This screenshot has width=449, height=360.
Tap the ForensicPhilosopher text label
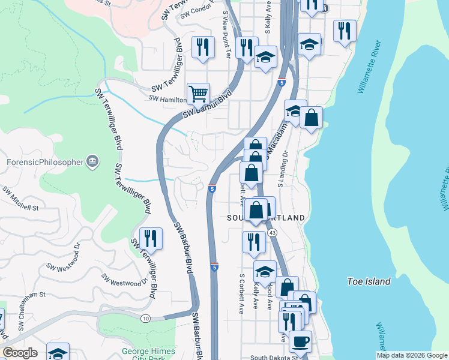[x=44, y=161]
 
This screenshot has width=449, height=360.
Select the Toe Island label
[x=369, y=281]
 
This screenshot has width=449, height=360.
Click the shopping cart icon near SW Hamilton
[x=198, y=94]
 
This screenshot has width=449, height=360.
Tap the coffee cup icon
[x=300, y=341]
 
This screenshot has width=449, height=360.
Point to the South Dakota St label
[x=274, y=357]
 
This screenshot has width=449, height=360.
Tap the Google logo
[x=20, y=353]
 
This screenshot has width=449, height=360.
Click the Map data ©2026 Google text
[x=411, y=355]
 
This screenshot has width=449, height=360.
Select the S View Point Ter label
[x=226, y=32]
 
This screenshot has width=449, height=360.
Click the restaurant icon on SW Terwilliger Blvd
[x=151, y=238]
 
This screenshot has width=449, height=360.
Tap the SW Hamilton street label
[x=167, y=100]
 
